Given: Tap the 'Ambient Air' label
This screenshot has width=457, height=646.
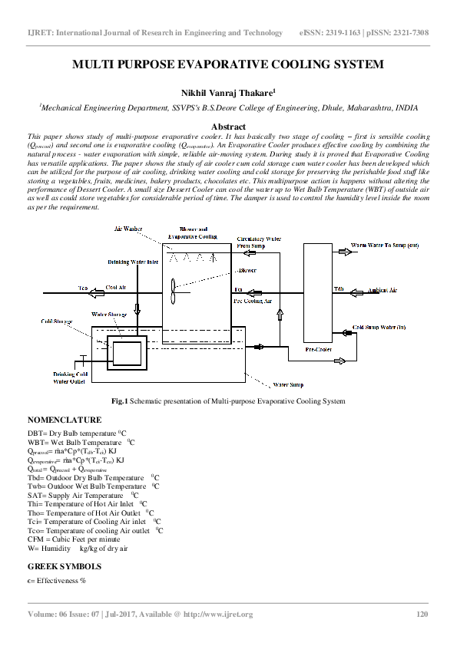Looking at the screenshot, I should click(382, 290).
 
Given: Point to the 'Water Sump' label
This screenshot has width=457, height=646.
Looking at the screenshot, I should click(289, 384).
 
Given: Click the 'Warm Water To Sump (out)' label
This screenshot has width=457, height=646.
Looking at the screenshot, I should click(385, 246).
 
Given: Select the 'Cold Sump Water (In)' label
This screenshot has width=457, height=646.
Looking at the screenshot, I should click(379, 328).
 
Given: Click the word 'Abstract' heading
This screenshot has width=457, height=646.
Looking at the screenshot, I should click(228, 127).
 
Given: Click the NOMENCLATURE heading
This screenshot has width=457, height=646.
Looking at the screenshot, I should click(65, 420).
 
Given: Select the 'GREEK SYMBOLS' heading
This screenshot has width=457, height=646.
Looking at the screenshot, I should click(65, 566).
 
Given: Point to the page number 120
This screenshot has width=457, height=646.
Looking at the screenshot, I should click(422, 614).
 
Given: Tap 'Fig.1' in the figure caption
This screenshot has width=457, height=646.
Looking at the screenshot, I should click(119, 401).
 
